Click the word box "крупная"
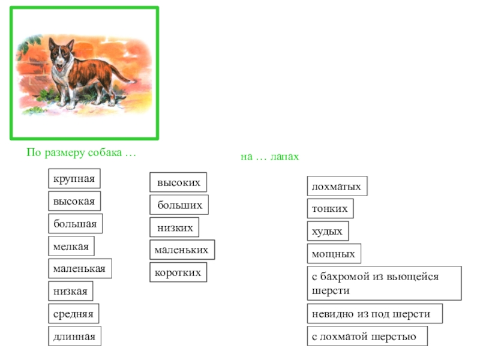click(74, 179)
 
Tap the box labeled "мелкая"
click(71, 247)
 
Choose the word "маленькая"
click(80, 269)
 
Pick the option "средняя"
click(74, 314)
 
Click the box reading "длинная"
click(75, 336)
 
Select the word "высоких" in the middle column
click(178, 182)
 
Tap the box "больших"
click(179, 205)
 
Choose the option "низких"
click(174, 228)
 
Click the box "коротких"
click(178, 272)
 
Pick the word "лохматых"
click(337, 187)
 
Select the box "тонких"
click(330, 209)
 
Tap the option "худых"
click(328, 231)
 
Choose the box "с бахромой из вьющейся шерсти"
click(384, 283)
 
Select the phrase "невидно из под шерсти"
click(375, 314)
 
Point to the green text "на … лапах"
click(269, 157)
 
